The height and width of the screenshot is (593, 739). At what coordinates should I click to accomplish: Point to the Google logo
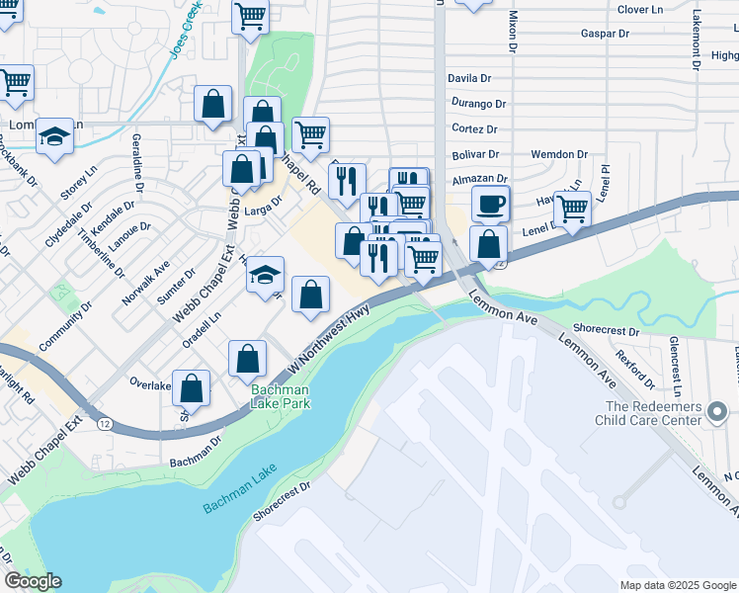(33, 580)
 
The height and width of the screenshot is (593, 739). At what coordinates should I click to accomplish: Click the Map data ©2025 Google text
(678, 585)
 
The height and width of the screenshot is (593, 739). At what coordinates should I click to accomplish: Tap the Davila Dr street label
(469, 78)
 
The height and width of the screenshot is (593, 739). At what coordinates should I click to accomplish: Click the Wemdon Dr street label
(559, 155)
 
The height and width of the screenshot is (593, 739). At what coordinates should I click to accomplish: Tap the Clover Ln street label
(639, 10)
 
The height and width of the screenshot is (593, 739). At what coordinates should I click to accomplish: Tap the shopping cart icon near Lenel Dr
(571, 211)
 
